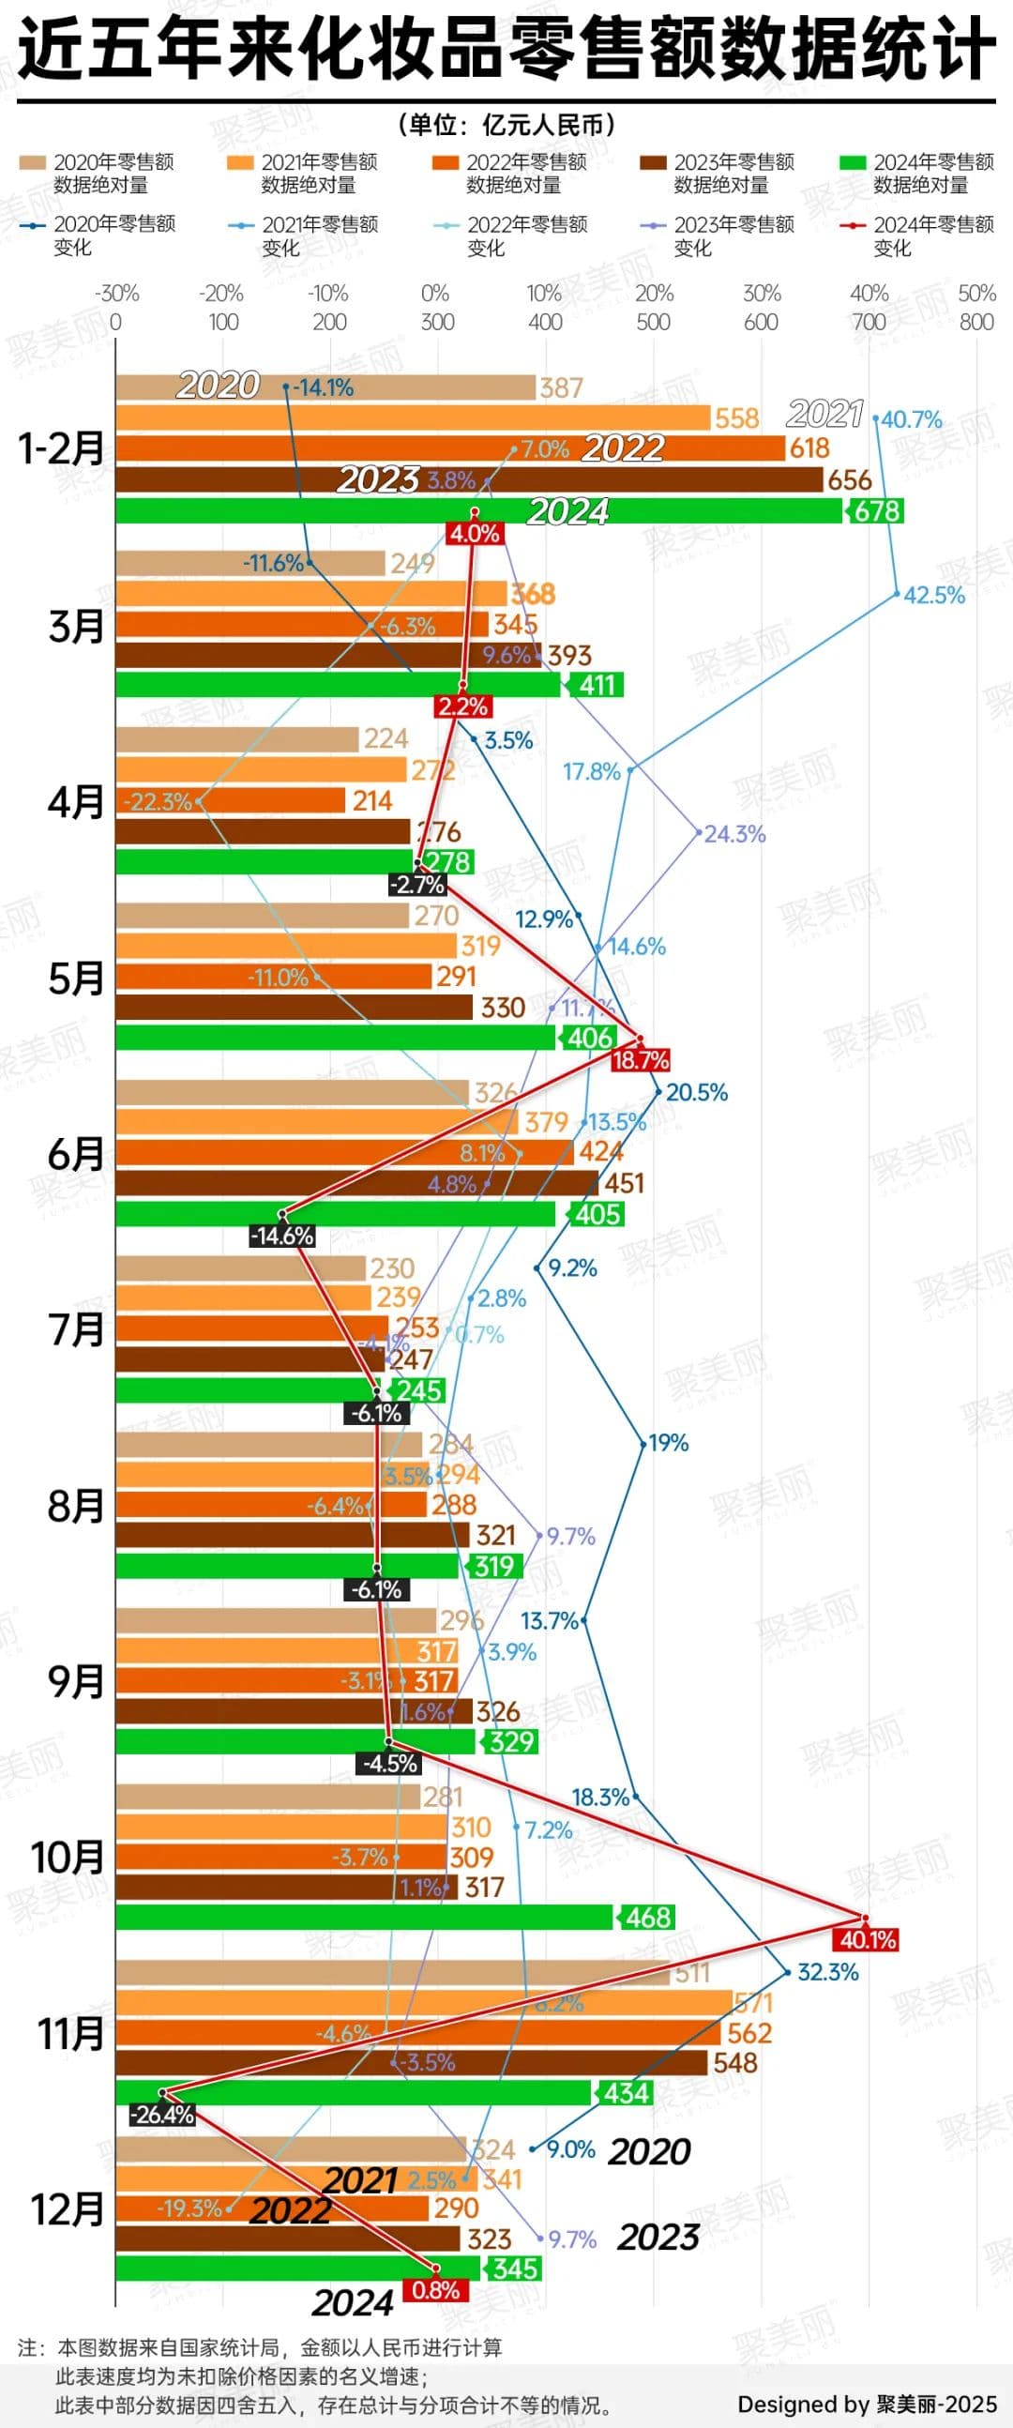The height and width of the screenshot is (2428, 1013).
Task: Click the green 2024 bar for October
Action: click(x=364, y=1917)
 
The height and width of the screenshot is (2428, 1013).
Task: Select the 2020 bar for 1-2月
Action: click(x=325, y=387)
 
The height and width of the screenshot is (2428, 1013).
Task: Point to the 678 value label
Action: click(x=877, y=511)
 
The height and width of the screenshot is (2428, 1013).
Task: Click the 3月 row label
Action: click(x=75, y=627)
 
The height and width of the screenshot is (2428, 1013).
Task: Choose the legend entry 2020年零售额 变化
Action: click(x=98, y=235)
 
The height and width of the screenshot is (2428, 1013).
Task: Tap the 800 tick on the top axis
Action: click(x=976, y=323)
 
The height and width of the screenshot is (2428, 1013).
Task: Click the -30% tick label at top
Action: click(x=117, y=293)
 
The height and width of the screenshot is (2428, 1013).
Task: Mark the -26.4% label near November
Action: click(x=162, y=2114)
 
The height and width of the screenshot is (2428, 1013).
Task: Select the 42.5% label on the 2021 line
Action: click(x=934, y=596)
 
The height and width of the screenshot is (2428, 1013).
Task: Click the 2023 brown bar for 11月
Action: click(x=411, y=2063)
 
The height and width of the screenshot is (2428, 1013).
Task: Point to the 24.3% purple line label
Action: click(x=735, y=834)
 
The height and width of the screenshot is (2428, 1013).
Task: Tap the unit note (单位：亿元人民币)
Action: click(x=506, y=125)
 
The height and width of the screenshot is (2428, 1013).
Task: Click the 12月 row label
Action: click(x=67, y=2208)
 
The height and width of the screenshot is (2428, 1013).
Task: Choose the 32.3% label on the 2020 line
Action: click(x=827, y=1972)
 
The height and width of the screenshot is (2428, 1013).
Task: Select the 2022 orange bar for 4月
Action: click(x=231, y=801)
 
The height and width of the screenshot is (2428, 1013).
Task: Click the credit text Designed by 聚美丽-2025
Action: click(x=866, y=2404)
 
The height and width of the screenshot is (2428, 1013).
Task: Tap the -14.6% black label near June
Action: click(x=281, y=1236)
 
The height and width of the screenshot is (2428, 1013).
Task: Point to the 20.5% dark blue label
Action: click(x=696, y=1092)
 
